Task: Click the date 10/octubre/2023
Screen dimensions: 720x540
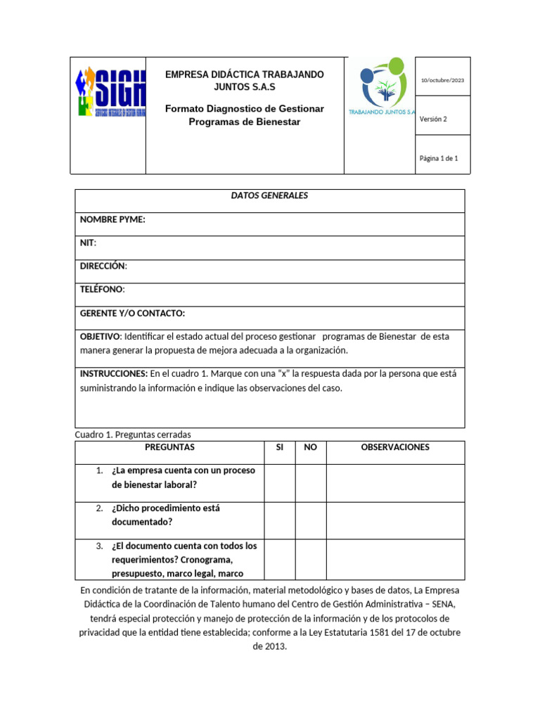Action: point(442,80)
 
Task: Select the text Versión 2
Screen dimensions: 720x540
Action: point(433,120)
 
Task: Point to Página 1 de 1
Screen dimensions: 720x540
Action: point(439,159)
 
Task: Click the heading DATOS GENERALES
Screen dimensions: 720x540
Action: point(269,196)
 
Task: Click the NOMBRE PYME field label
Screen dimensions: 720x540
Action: point(112,220)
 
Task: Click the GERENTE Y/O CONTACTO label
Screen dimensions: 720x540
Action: point(132,314)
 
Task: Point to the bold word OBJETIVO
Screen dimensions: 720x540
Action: point(101,337)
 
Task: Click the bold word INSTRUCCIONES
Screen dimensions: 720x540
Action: point(114,374)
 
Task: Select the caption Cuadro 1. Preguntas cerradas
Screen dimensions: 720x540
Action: point(133,435)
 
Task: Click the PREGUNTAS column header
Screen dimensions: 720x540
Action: point(169,447)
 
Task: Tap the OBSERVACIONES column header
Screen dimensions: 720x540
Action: point(395,447)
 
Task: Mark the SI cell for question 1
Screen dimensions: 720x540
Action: point(279,483)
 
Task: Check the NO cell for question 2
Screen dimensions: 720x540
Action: point(310,520)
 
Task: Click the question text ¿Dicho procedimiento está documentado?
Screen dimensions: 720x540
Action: point(166,515)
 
